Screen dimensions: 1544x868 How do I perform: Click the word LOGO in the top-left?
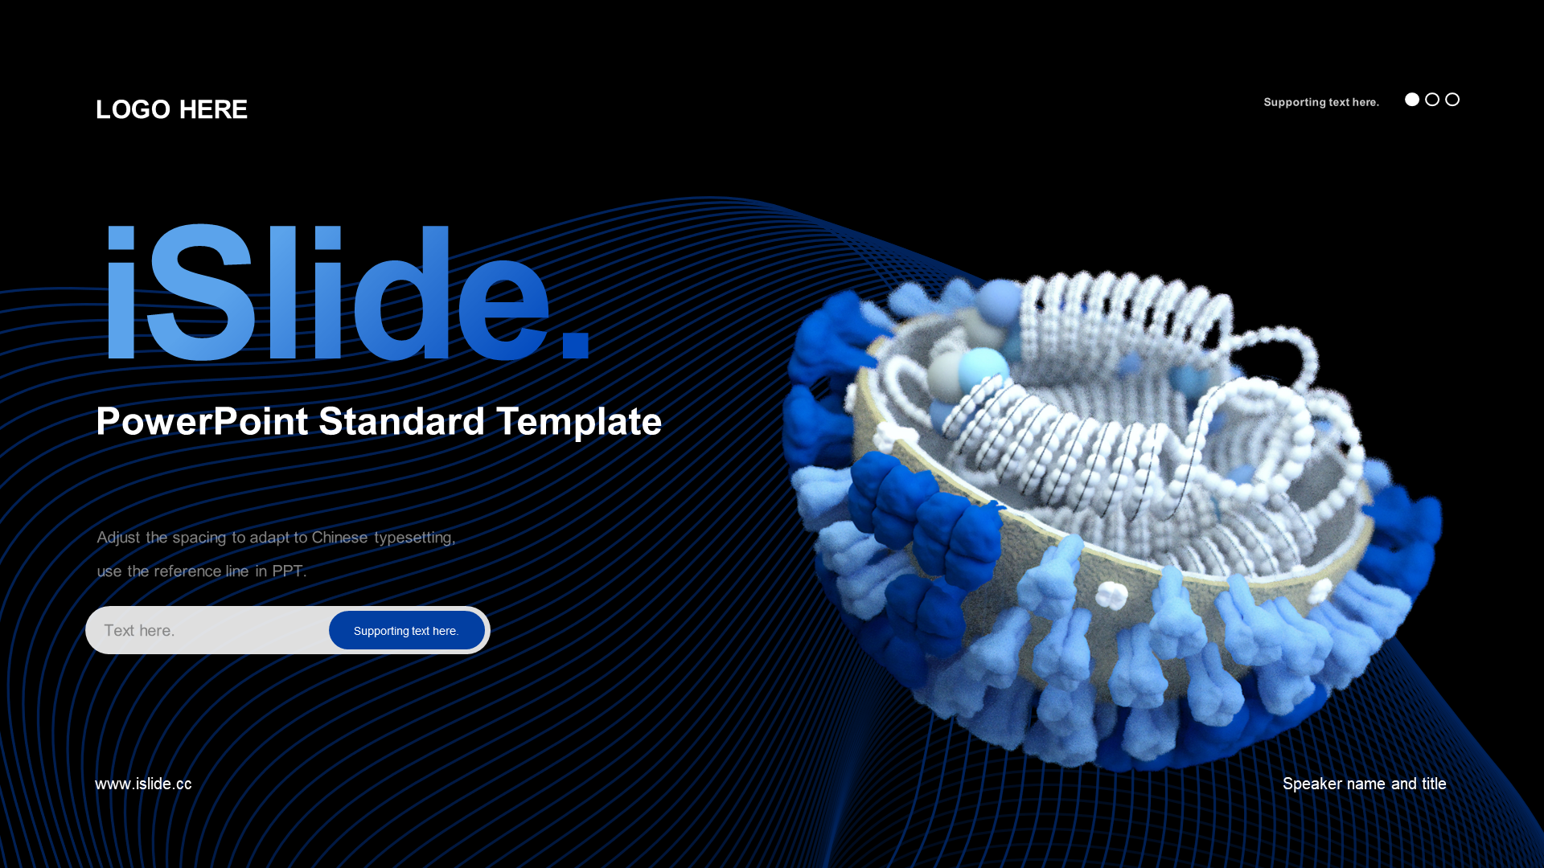pyautogui.click(x=133, y=109)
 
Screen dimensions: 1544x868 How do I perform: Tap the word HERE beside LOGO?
pyautogui.click(x=213, y=109)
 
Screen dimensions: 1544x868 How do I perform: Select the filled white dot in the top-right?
pyautogui.click(x=1412, y=100)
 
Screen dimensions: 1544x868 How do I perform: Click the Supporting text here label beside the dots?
pyautogui.click(x=1321, y=102)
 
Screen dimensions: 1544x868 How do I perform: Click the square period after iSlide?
pyautogui.click(x=576, y=344)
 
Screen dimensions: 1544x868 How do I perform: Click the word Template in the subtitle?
pyautogui.click(x=579, y=422)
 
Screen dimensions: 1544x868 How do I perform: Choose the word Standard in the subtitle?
pyautogui.click(x=402, y=421)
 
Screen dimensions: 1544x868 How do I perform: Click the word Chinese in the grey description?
pyautogui.click(x=339, y=537)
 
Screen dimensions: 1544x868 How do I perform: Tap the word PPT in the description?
pyautogui.click(x=289, y=571)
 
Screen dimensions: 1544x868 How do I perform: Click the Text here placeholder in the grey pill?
pyautogui.click(x=139, y=631)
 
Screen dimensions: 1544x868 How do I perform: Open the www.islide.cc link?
pyautogui.click(x=143, y=784)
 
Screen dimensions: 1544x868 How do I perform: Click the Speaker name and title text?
pyautogui.click(x=1365, y=784)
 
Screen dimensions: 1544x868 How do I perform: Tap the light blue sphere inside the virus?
pyautogui.click(x=983, y=370)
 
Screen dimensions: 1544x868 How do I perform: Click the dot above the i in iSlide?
pyautogui.click(x=121, y=236)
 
